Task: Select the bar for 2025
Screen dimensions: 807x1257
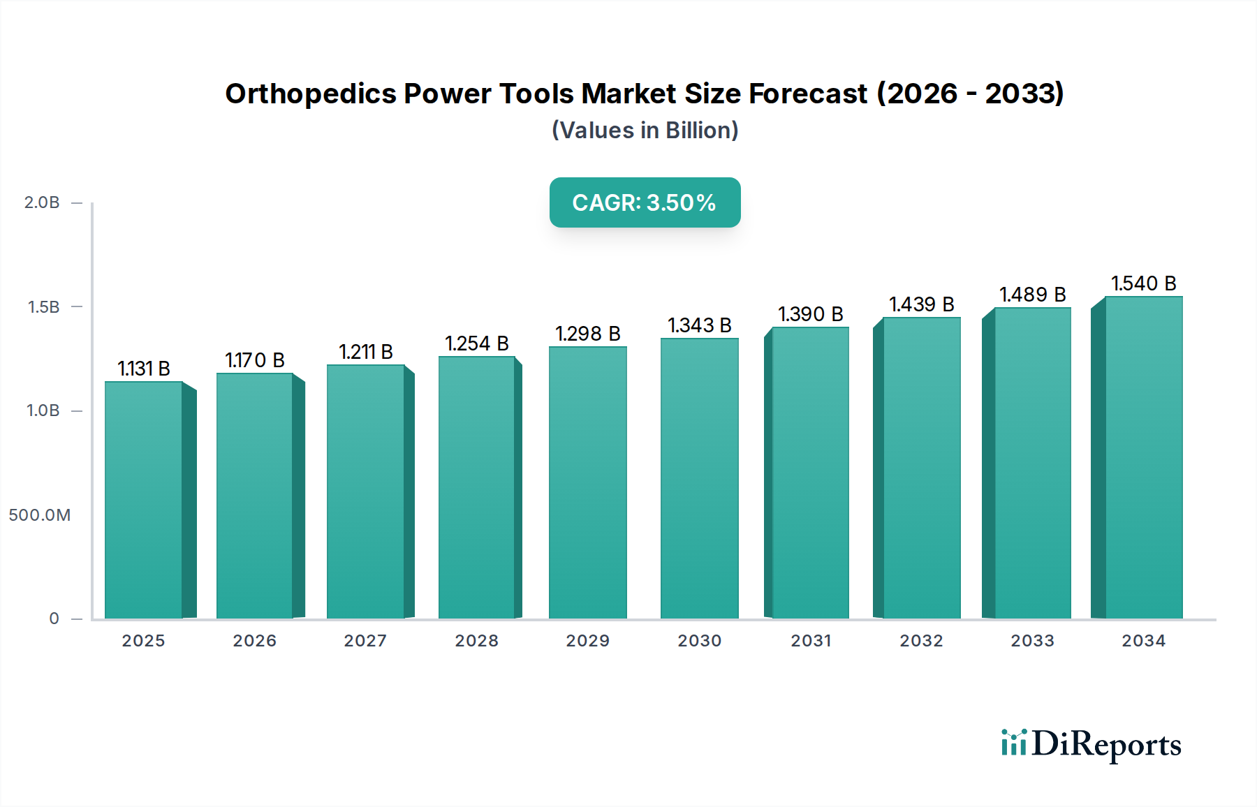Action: click(144, 499)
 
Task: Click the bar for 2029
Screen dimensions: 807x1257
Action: click(588, 482)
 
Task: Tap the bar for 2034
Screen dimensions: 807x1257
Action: click(1143, 457)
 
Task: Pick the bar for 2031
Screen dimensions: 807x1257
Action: click(810, 473)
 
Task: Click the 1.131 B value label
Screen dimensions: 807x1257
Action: click(144, 369)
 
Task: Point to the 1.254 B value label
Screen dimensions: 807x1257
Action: click(477, 343)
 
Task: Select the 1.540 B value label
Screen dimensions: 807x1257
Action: click(1144, 283)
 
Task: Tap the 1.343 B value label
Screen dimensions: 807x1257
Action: click(700, 325)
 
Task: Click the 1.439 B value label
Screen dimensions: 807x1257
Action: click(922, 304)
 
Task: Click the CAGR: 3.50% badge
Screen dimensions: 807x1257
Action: click(645, 202)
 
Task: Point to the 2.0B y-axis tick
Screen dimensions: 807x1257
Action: click(42, 202)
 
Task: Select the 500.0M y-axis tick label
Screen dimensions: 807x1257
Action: click(40, 515)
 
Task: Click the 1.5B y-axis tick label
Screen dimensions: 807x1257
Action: click(43, 307)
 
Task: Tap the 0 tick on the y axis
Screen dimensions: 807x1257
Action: click(54, 619)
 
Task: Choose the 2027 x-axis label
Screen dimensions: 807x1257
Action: click(365, 641)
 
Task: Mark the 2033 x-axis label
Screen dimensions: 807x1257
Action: click(1032, 641)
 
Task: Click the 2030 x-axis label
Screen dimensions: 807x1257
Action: click(700, 641)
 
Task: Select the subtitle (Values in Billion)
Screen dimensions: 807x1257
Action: click(645, 131)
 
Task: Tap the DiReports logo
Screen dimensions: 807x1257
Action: click(1091, 745)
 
